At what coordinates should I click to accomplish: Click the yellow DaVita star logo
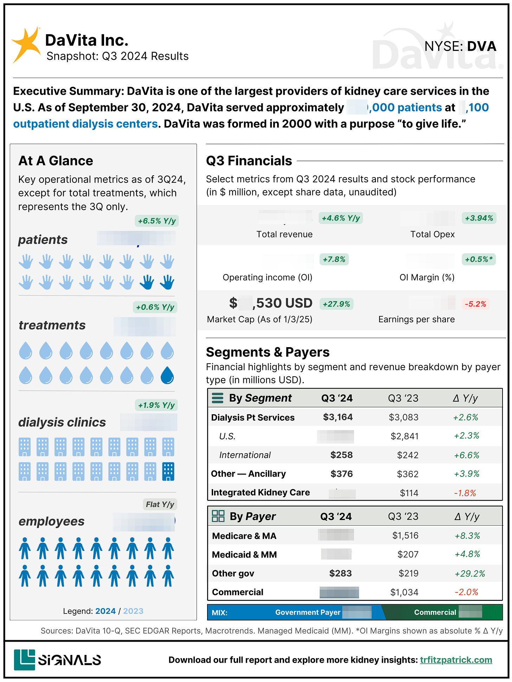pyautogui.click(x=26, y=45)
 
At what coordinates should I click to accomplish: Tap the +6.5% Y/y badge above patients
pyautogui.click(x=157, y=221)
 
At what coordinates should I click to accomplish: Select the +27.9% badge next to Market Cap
pyautogui.click(x=337, y=304)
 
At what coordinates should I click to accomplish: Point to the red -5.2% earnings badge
pyautogui.click(x=475, y=304)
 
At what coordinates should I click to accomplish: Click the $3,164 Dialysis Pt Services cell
pyautogui.click(x=338, y=417)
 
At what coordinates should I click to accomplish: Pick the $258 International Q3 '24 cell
pyautogui.click(x=341, y=455)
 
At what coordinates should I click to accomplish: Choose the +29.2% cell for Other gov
pyautogui.click(x=470, y=573)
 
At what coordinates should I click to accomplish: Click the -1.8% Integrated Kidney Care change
pyautogui.click(x=465, y=493)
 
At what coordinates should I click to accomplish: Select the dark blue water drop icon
pyautogui.click(x=167, y=375)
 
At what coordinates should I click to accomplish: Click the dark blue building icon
pyautogui.click(x=168, y=472)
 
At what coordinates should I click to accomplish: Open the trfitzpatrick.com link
pyautogui.click(x=456, y=660)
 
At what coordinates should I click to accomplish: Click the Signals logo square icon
pyautogui.click(x=25, y=660)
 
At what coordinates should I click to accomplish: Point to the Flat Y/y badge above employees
pyautogui.click(x=160, y=505)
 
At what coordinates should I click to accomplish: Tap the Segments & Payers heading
pyautogui.click(x=268, y=352)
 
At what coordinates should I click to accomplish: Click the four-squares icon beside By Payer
pyautogui.click(x=218, y=516)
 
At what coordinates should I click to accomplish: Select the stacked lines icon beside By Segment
pyautogui.click(x=218, y=398)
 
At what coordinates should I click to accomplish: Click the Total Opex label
pyautogui.click(x=432, y=234)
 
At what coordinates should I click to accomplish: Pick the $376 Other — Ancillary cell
pyautogui.click(x=341, y=474)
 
